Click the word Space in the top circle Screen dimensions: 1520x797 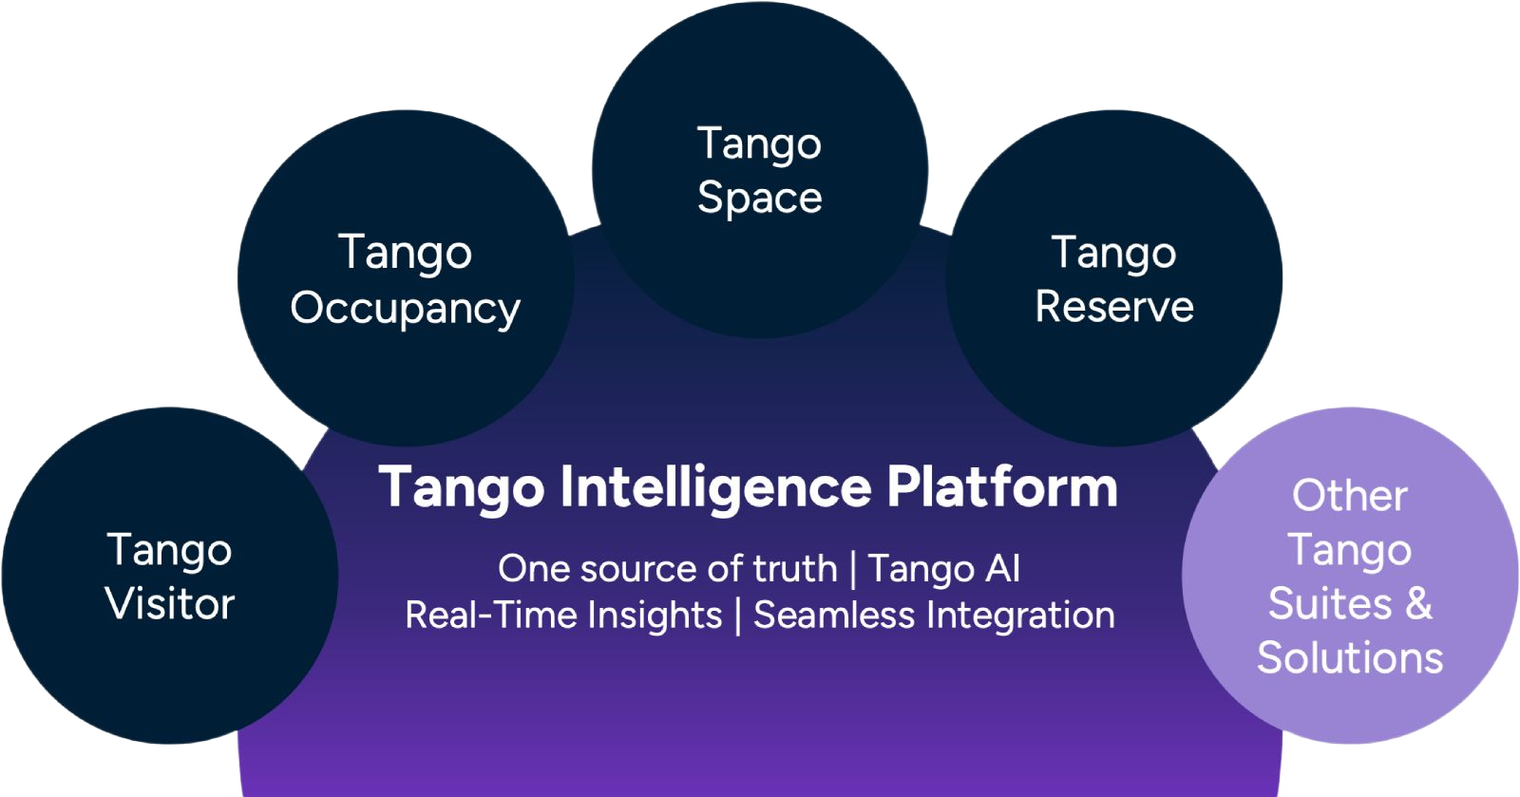pyautogui.click(x=759, y=199)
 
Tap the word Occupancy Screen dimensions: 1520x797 pyautogui.click(x=405, y=309)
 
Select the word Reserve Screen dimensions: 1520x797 pyautogui.click(x=1114, y=307)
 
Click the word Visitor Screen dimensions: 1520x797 pyautogui.click(x=170, y=603)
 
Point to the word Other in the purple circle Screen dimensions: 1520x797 pyautogui.click(x=1350, y=495)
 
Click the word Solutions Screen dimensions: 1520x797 pyautogui.click(x=1350, y=657)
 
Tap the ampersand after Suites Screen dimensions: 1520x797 pyautogui.click(x=1418, y=603)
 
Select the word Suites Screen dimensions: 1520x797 pyautogui.click(x=1330, y=603)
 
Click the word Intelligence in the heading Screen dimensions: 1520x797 pyautogui.click(x=716, y=488)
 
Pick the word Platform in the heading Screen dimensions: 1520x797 pyautogui.click(x=1002, y=486)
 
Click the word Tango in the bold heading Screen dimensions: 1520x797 pyautogui.click(x=462, y=488)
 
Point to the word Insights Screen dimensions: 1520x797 pyautogui.click(x=655, y=616)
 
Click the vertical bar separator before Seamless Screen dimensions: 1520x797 pyautogui.click(x=738, y=616)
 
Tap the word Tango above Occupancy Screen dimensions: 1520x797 pyautogui.click(x=405, y=254)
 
